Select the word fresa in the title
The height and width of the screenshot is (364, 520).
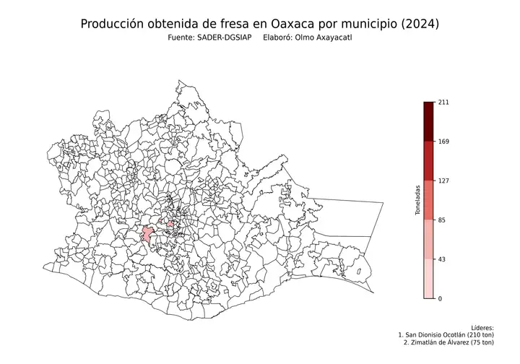(228, 24)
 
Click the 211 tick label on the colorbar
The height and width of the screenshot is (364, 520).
(443, 103)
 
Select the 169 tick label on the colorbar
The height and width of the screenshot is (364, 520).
(443, 142)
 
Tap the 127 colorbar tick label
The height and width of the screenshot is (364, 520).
(443, 181)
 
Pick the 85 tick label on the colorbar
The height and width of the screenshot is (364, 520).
(441, 220)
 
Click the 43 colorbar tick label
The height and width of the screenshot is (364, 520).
(441, 259)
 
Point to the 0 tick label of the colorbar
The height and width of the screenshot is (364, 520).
(440, 298)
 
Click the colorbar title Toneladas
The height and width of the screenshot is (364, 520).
(417, 200)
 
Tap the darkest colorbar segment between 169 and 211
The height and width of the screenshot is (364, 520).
(429, 121)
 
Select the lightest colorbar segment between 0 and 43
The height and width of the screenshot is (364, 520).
(429, 278)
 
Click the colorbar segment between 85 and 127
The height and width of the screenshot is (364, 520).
(429, 200)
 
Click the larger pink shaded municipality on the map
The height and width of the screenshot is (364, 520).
(147, 234)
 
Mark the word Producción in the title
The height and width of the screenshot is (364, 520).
(113, 24)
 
